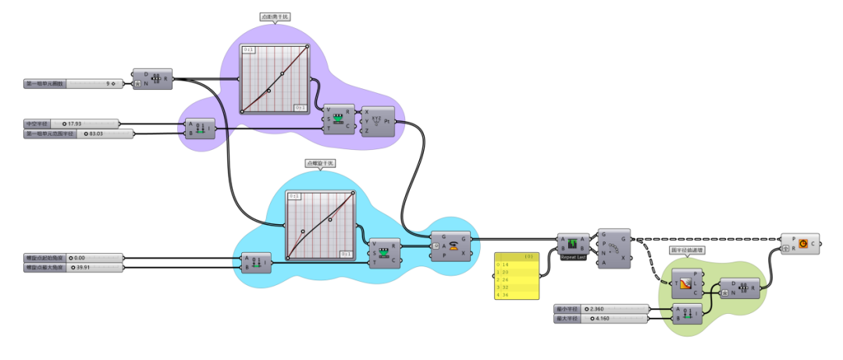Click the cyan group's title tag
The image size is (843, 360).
320,163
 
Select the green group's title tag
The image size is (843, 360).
688,251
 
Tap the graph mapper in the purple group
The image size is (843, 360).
274,78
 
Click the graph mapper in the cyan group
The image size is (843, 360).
321,224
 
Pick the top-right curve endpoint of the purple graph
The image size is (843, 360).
307,46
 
